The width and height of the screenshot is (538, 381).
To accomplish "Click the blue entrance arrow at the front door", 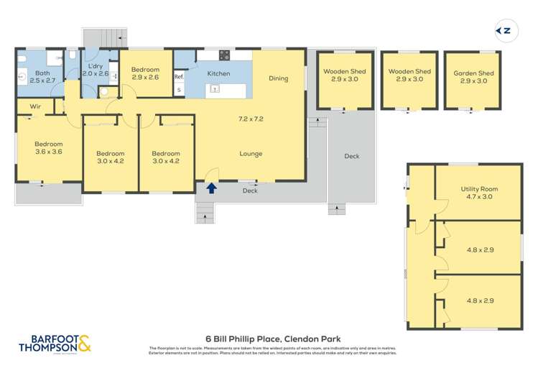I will (211, 189).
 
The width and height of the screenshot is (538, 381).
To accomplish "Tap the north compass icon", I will (505, 30).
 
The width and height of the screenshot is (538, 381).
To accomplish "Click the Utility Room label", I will (479, 193).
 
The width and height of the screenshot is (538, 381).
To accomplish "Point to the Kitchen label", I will (218, 74).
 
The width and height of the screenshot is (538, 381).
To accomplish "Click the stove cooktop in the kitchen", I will (224, 55).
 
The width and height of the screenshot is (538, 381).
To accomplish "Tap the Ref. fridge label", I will (179, 76).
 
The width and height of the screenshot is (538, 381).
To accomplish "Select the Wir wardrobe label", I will (34, 107).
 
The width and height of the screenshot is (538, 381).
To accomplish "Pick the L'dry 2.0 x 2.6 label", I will (96, 69).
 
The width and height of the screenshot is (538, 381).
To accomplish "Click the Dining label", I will (279, 78).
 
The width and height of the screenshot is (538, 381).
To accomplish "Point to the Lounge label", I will (251, 153).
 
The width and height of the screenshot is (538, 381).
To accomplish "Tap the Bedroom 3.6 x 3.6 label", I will (49, 147).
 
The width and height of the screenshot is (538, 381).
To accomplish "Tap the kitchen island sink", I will (214, 89).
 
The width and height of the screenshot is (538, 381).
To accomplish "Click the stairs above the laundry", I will (105, 37).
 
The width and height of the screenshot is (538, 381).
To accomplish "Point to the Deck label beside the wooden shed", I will (351, 156).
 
